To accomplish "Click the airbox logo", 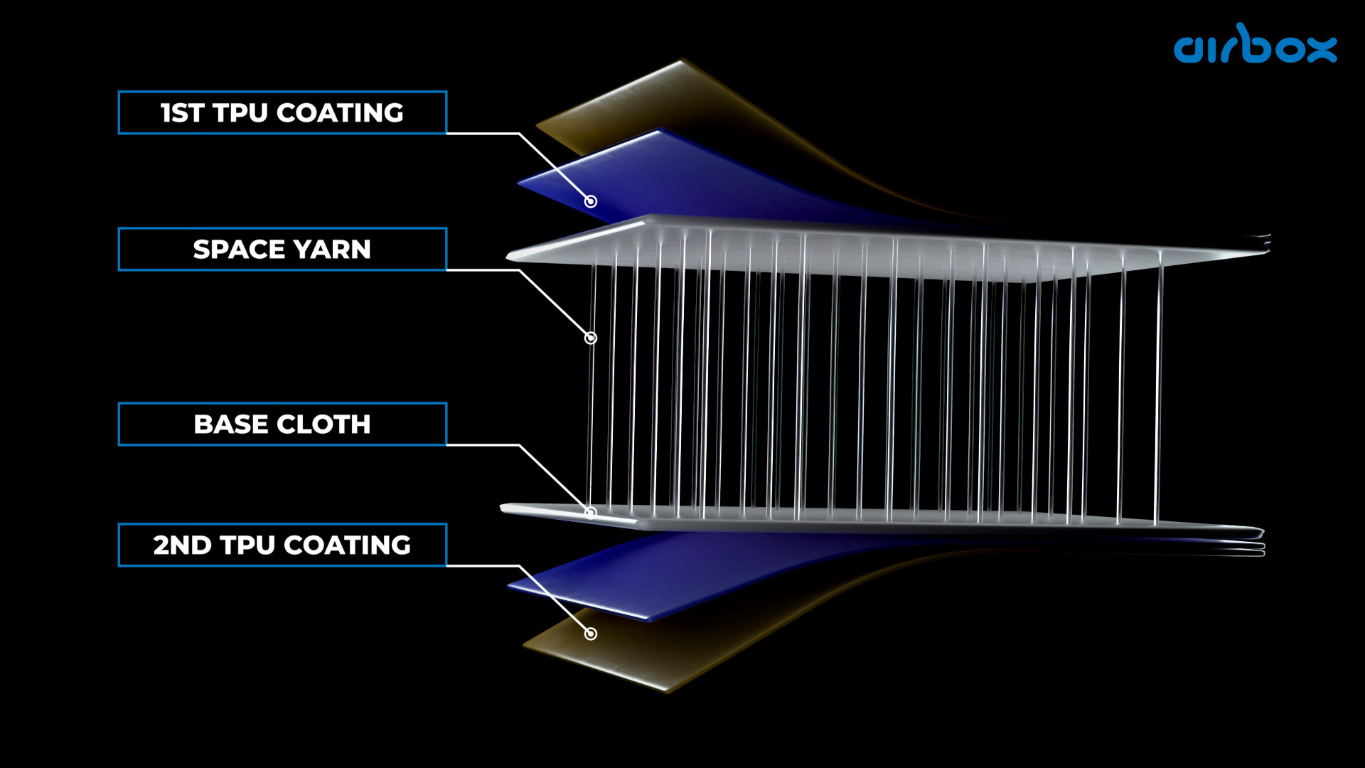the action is click(x=1255, y=45).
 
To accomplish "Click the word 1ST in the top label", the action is click(x=182, y=113).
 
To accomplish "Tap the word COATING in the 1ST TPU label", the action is click(x=340, y=113).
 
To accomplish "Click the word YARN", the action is click(x=332, y=250).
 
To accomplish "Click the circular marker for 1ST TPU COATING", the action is click(x=591, y=201).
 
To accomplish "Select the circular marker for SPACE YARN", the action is click(x=591, y=338).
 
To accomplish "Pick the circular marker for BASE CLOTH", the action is click(x=590, y=512).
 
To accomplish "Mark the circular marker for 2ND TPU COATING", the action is click(x=591, y=634).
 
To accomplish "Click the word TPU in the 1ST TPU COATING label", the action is click(x=240, y=113).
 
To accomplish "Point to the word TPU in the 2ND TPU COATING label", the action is click(x=247, y=545).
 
